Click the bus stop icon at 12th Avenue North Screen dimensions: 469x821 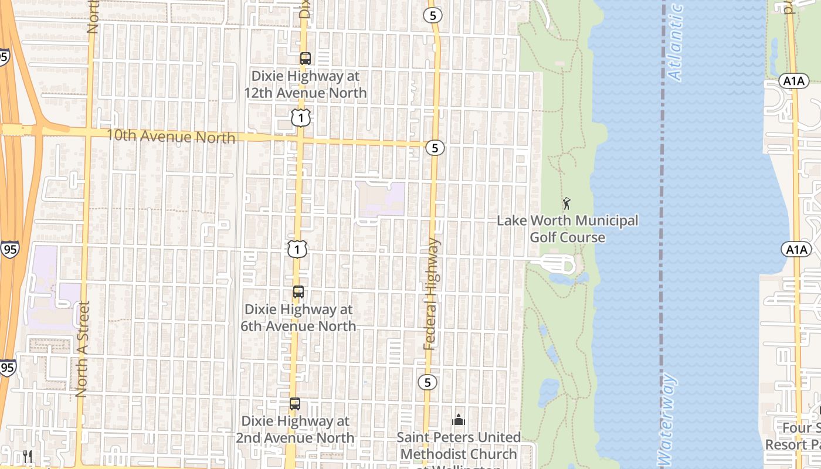(305, 59)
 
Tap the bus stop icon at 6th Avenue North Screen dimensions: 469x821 (298, 292)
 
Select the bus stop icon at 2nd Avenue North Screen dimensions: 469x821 (295, 404)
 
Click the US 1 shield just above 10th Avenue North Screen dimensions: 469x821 (301, 118)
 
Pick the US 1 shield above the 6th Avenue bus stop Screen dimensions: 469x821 (297, 250)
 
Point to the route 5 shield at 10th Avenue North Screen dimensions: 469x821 (435, 148)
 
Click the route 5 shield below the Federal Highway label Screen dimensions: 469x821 (428, 382)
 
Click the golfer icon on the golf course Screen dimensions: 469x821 (566, 204)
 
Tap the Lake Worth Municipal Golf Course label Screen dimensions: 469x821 (568, 229)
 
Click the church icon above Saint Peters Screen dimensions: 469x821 (459, 420)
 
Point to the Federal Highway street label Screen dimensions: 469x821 (432, 294)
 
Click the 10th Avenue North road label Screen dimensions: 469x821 (171, 137)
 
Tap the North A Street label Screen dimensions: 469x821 (82, 349)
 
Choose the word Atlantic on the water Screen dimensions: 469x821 (676, 42)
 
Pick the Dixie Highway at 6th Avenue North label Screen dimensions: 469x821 (298, 317)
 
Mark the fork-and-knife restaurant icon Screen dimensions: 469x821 (28, 457)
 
